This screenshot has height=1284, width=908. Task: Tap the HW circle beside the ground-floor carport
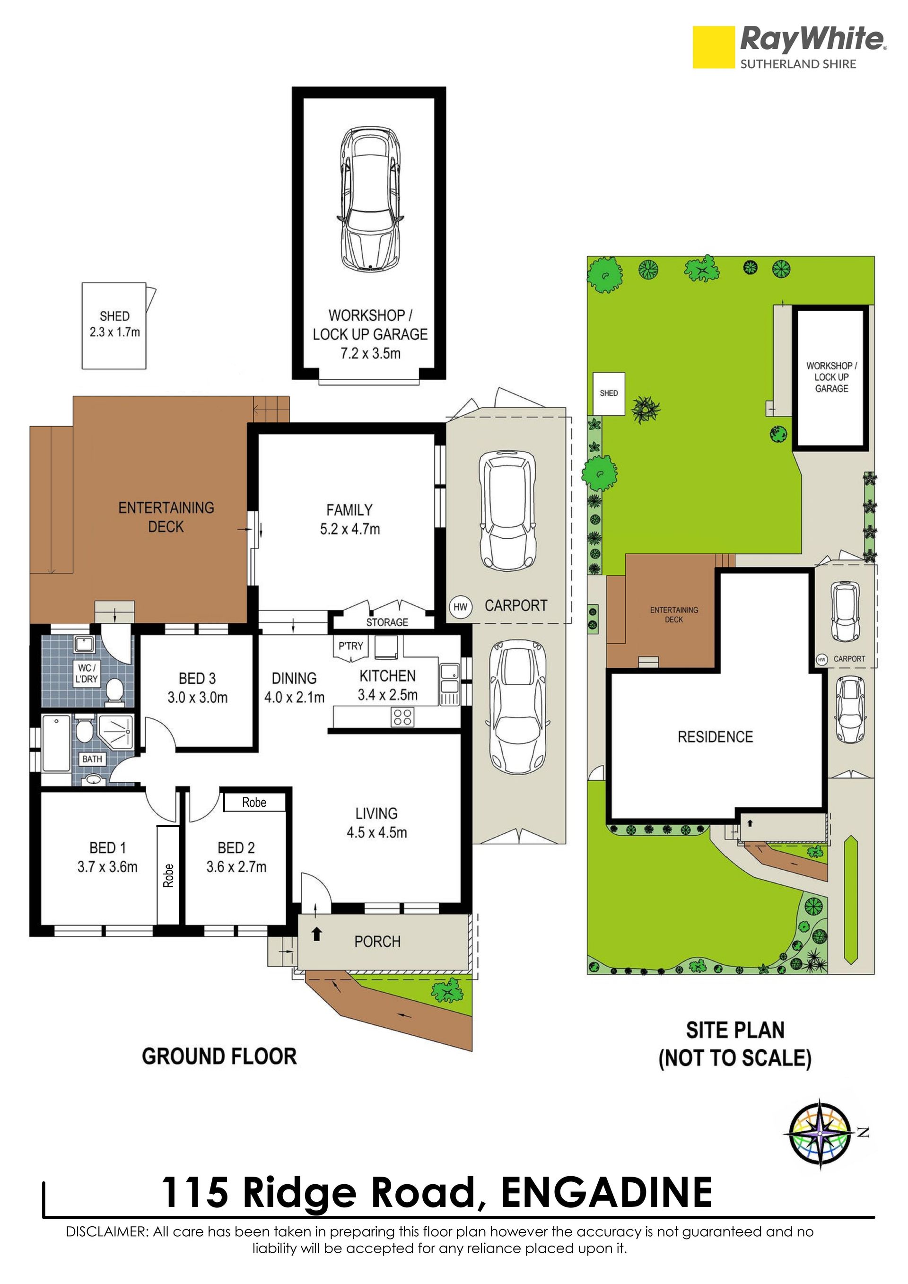pos(461,607)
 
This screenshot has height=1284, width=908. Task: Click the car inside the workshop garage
pos(369,199)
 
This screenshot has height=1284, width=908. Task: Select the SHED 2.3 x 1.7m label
pos(114,324)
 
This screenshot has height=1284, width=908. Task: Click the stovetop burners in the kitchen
pos(402,717)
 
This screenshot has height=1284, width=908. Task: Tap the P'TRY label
pos(350,646)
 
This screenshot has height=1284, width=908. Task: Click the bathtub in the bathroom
pos(56,743)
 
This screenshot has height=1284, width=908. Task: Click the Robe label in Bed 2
pos(254,803)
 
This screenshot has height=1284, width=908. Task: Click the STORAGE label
pos(387,622)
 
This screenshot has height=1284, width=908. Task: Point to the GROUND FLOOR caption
pos(219,1057)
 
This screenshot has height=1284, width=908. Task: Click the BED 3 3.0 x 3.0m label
pos(197,688)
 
